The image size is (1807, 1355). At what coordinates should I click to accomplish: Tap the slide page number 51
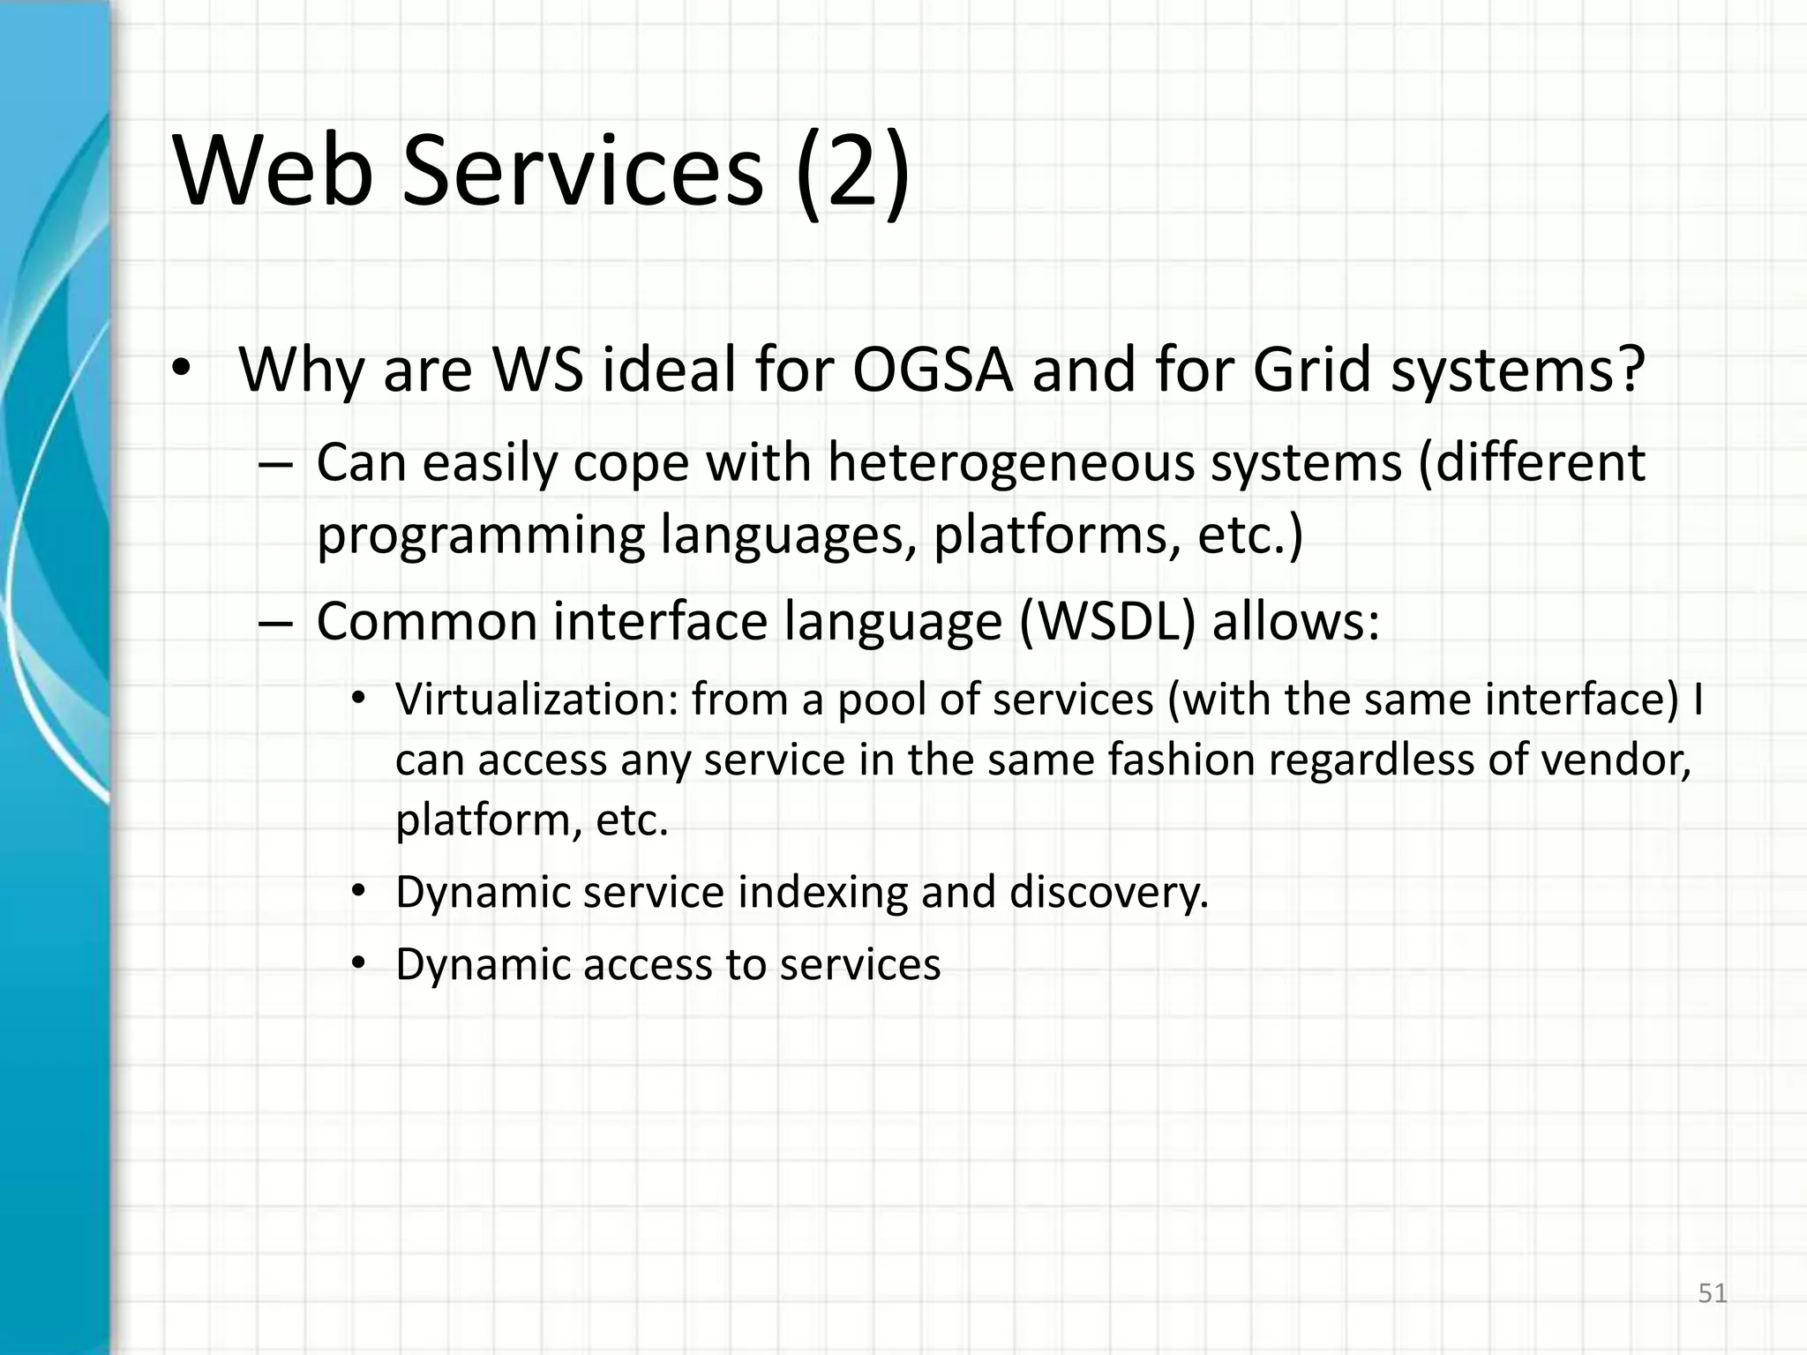point(1713,1293)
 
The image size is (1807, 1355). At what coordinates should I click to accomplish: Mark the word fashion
point(1181,760)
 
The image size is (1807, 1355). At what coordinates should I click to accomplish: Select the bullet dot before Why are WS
point(181,371)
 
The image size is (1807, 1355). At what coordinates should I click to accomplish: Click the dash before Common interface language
point(275,623)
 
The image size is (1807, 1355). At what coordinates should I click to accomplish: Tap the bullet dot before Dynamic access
point(357,964)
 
